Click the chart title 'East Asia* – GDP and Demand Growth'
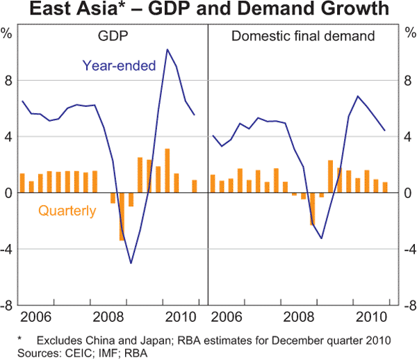pos(208,10)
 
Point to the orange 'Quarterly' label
pos(67,211)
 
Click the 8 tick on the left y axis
pos(9,81)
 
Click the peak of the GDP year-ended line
pos(167,49)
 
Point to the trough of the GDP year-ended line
pos(131,263)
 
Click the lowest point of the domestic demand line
pos(321,238)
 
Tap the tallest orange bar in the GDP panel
pos(167,171)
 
